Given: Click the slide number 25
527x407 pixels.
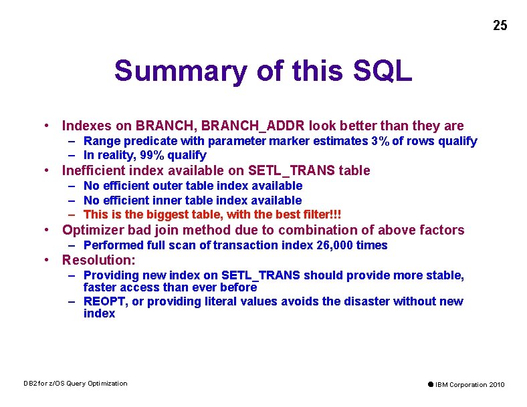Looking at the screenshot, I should (x=500, y=25).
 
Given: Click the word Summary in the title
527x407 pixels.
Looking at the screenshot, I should (x=167, y=70).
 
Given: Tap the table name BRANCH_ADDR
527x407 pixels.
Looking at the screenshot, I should (x=239, y=126).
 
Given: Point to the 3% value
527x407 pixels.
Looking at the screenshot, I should (x=379, y=141).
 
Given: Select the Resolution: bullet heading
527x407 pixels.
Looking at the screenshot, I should (x=98, y=259).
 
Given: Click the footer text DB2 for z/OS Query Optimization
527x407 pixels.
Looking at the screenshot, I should (x=75, y=383).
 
